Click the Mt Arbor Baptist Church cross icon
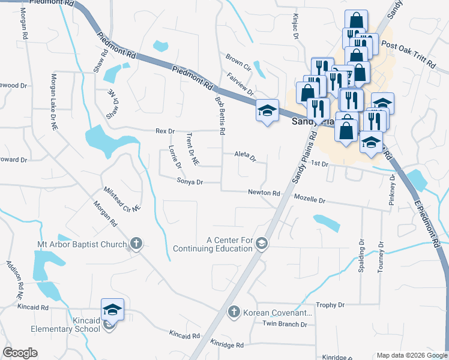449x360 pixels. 136,244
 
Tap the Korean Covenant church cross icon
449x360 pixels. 235,312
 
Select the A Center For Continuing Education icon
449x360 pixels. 261,244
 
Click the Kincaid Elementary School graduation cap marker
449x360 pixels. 112,310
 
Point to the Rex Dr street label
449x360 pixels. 164,131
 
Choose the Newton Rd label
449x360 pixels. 265,193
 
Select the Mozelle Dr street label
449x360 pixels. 309,199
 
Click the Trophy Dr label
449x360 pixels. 330,305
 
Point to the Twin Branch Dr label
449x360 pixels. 285,324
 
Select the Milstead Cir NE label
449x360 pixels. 121,198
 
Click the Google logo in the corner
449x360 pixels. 20,353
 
